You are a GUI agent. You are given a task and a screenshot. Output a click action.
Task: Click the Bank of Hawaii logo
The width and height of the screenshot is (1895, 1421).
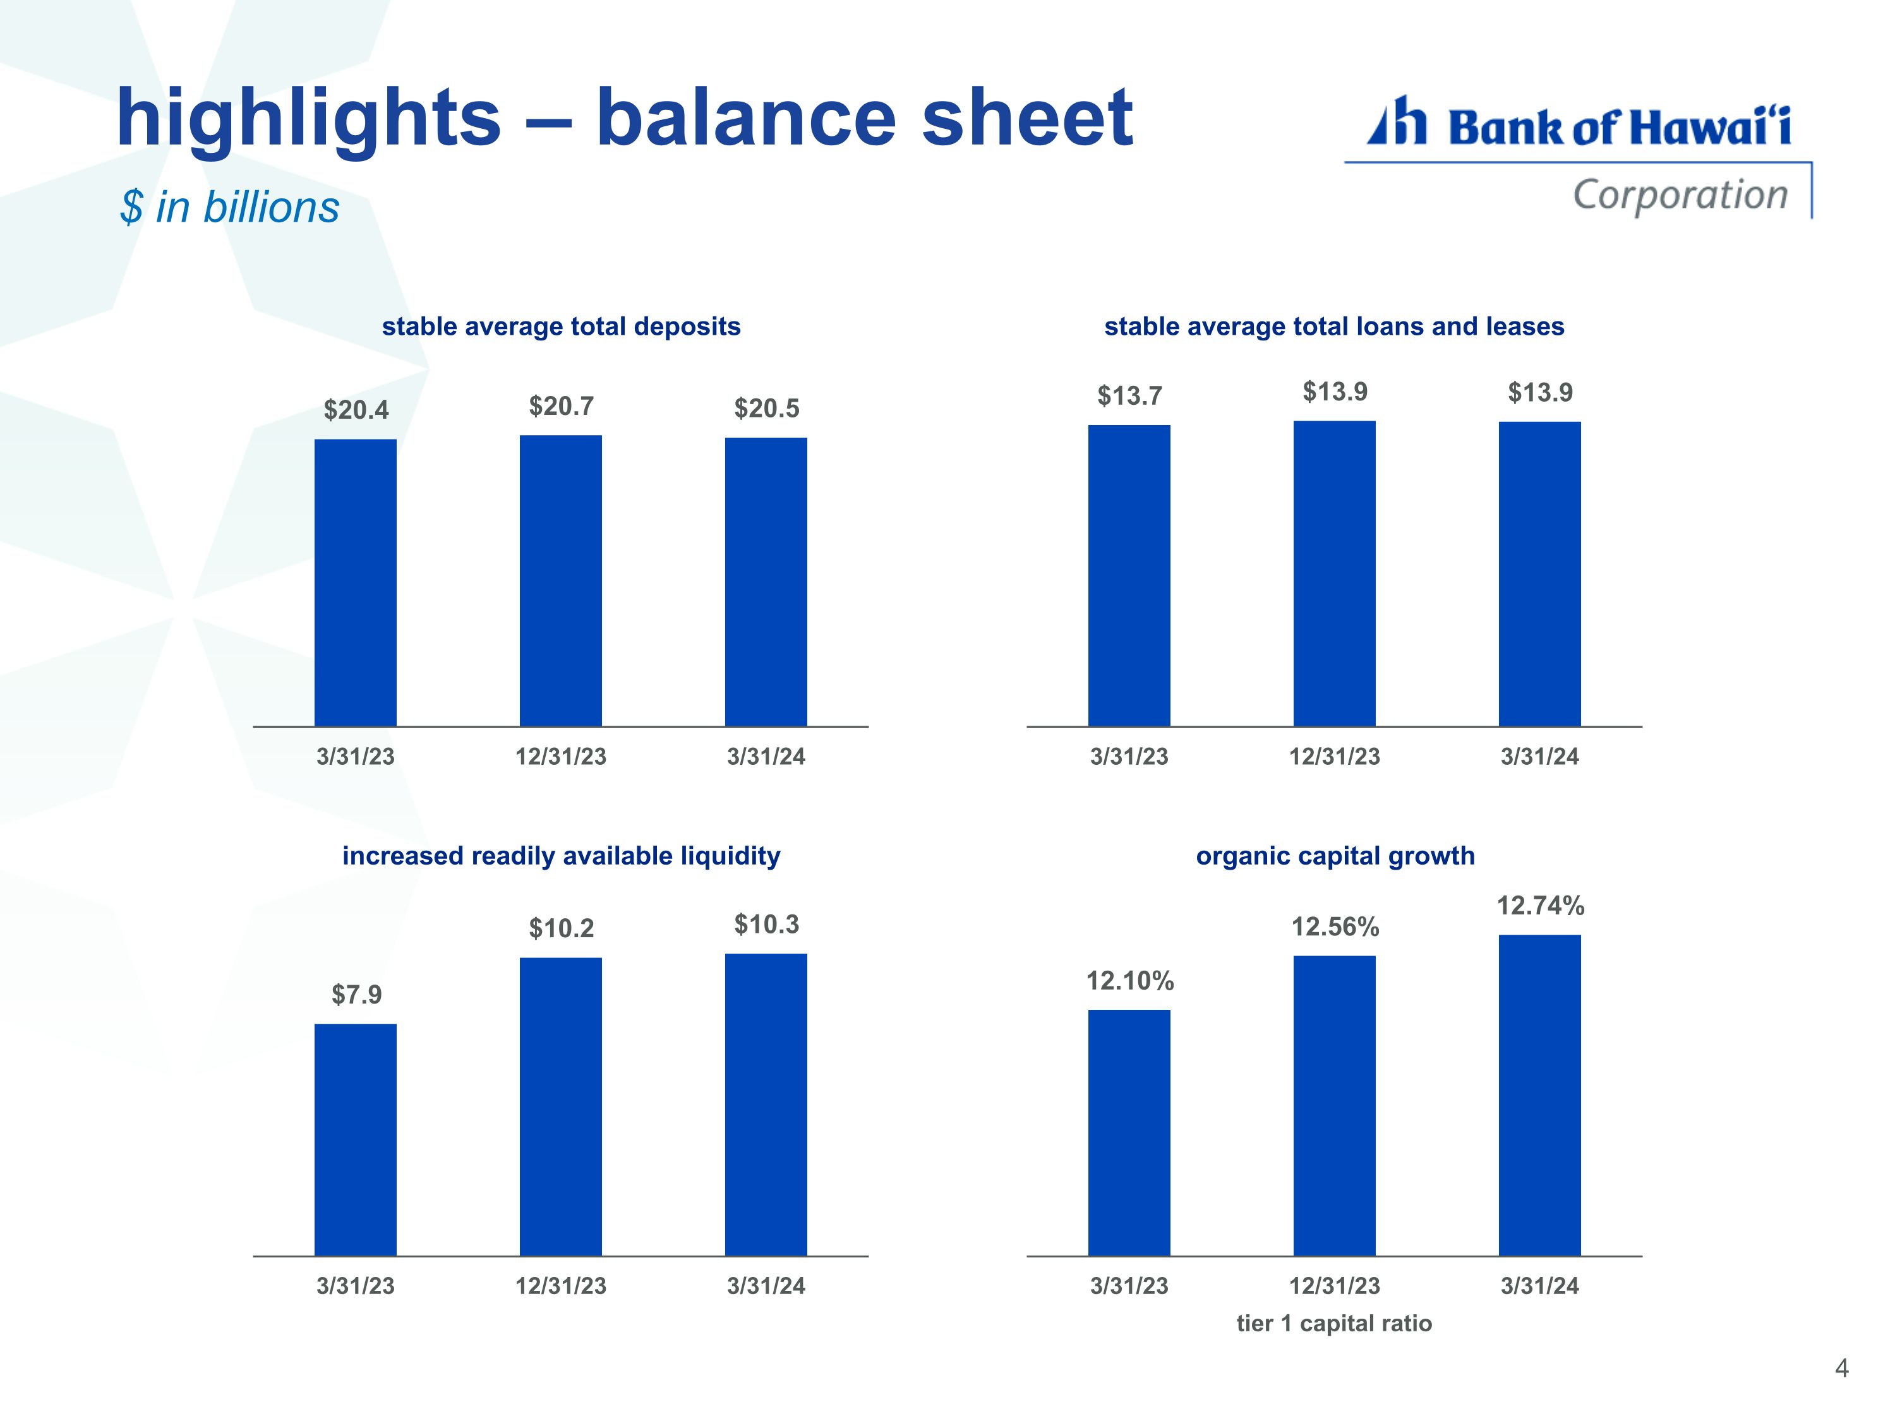1578,156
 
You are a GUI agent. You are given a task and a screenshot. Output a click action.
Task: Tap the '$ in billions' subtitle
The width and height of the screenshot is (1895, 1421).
229,207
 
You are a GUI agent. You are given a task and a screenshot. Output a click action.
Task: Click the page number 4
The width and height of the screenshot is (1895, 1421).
1841,1368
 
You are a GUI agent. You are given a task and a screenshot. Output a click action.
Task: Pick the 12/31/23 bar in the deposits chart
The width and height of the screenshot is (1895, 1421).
560,581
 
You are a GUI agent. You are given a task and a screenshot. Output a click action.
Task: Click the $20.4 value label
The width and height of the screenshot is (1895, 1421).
356,411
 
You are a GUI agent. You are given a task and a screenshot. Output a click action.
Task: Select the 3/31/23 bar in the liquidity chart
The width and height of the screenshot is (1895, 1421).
356,1140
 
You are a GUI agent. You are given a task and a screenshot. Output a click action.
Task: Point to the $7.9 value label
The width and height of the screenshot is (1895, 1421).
356,995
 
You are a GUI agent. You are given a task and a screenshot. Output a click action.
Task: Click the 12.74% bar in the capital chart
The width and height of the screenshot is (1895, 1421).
1539,1096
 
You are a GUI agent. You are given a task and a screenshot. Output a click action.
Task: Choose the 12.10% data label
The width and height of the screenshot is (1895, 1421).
1130,981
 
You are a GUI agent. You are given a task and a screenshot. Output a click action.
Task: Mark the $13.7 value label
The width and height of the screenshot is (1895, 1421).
1130,396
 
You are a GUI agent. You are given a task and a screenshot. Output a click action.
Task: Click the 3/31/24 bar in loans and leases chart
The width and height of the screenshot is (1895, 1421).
1539,574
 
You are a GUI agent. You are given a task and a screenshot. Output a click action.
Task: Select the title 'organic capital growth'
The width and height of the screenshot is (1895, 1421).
1335,856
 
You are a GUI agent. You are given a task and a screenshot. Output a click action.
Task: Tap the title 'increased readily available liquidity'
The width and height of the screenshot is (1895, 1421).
561,856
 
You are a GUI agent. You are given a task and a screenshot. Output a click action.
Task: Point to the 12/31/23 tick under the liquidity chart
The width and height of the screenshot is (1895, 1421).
560,1286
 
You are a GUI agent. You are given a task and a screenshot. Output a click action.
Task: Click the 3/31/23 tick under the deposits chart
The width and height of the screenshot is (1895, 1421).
356,757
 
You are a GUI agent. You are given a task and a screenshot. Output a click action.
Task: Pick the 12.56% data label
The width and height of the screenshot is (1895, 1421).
1335,926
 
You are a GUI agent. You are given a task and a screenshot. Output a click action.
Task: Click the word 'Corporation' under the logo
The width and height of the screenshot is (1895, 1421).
1680,195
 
